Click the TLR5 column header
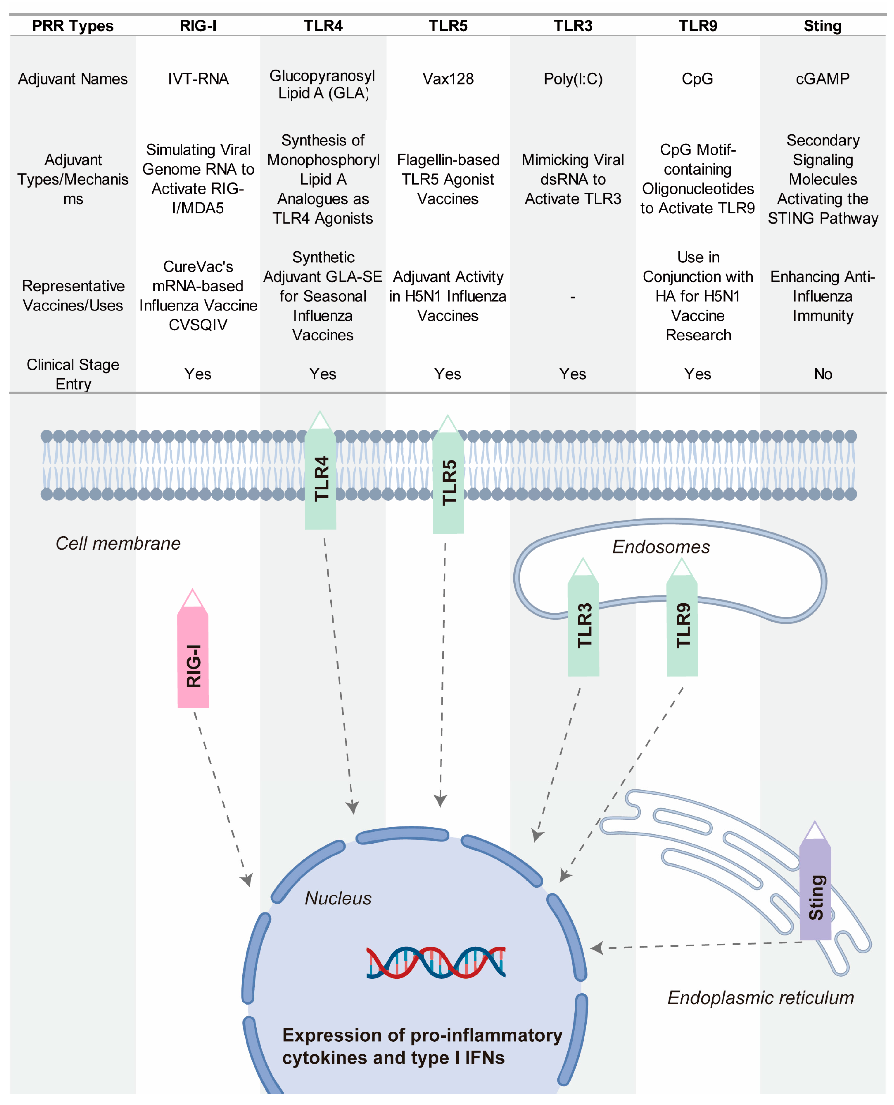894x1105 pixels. (448, 26)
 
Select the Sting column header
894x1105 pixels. (822, 26)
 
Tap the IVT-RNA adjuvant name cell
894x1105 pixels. (198, 79)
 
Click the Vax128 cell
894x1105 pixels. (448, 79)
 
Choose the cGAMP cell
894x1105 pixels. (822, 79)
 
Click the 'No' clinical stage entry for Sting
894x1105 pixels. (823, 374)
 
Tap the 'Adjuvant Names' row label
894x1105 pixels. (73, 79)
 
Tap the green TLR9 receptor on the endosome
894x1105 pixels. (682, 618)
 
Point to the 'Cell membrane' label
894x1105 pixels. (118, 543)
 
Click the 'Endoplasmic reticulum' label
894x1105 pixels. (761, 998)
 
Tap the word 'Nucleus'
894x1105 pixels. (338, 898)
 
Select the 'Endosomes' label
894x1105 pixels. (661, 547)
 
